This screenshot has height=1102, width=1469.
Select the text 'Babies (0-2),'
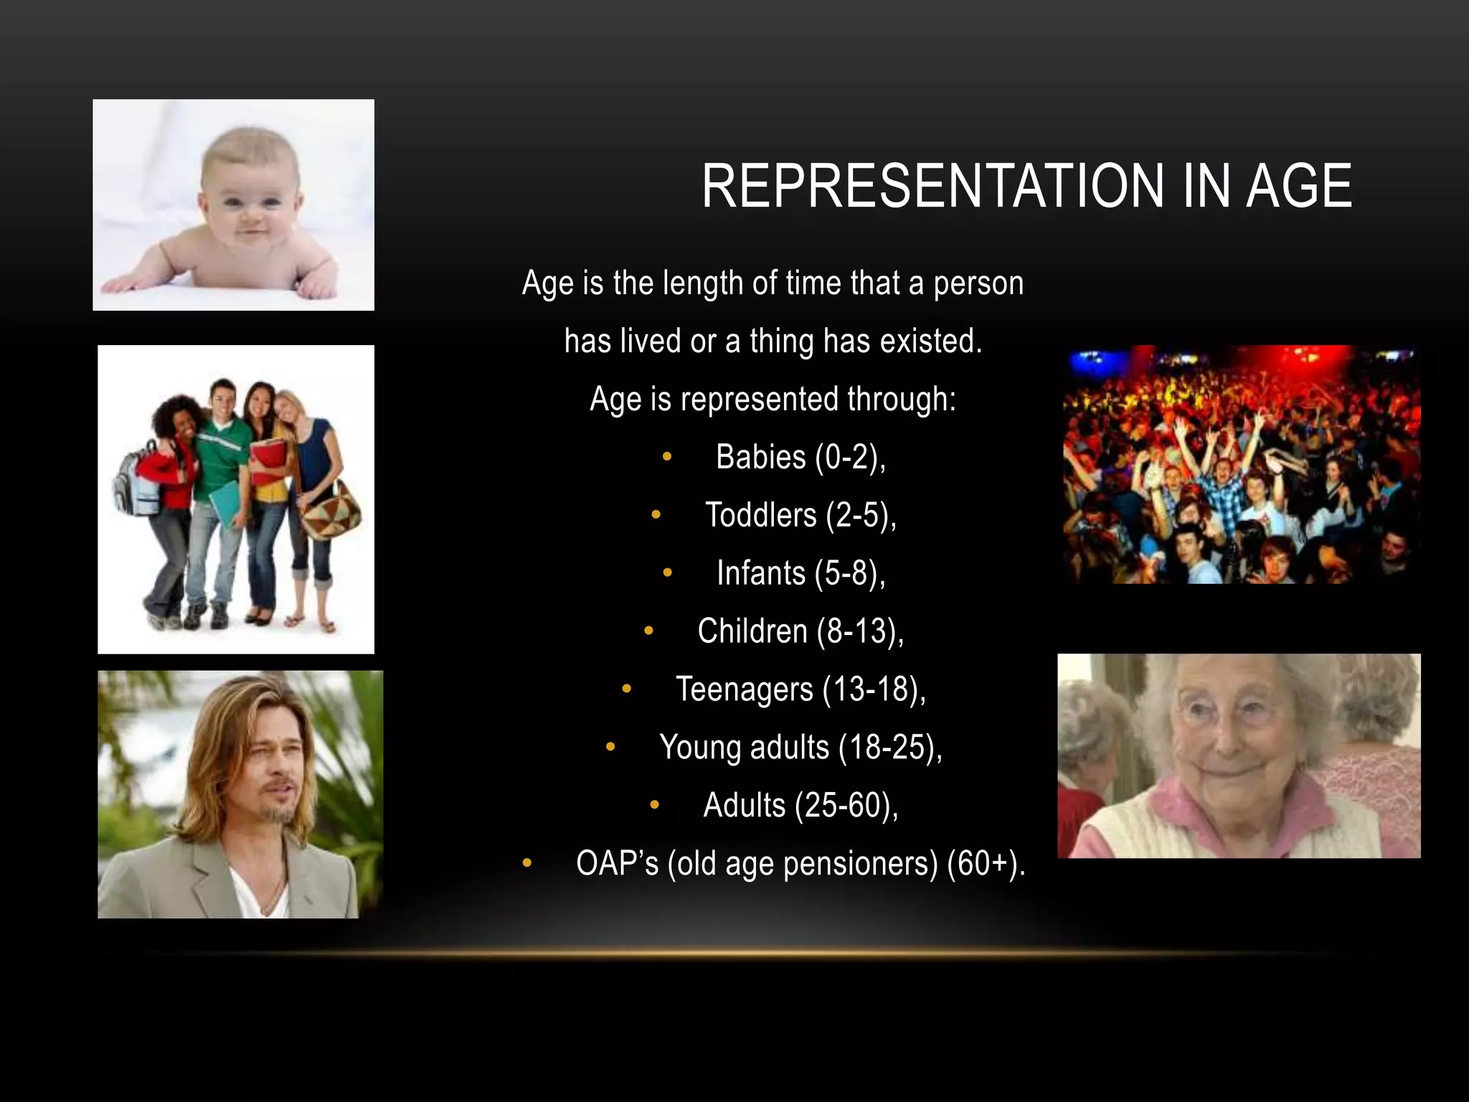800,457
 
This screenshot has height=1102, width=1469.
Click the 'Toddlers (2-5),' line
800,515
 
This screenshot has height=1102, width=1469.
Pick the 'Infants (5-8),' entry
800,573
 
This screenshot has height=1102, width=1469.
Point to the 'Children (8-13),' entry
800,631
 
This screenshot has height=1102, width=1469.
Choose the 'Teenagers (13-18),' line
800,689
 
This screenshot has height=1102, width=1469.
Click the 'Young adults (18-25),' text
800,748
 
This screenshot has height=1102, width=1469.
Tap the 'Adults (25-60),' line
800,806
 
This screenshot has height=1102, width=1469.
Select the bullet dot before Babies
667,457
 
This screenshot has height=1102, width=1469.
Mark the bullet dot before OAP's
527,863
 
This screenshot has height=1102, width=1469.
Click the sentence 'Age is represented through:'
773,399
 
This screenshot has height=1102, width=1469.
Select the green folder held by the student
225,502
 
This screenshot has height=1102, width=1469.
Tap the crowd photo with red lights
1241,464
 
